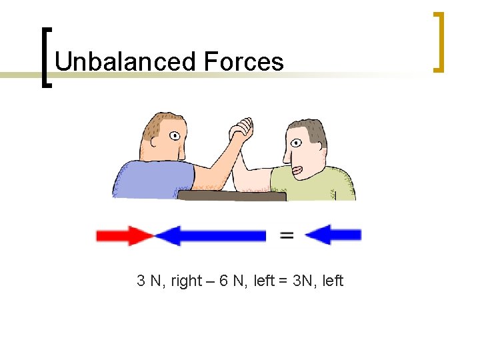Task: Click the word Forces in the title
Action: pyautogui.click(x=244, y=62)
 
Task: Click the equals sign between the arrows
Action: pyautogui.click(x=286, y=235)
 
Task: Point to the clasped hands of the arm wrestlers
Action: pyautogui.click(x=241, y=129)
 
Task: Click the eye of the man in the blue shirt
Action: pyautogui.click(x=175, y=136)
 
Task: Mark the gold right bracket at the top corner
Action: pyautogui.click(x=439, y=41)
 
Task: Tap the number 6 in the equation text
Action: pyautogui.click(x=223, y=281)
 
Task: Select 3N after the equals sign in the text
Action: pyautogui.click(x=297, y=281)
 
